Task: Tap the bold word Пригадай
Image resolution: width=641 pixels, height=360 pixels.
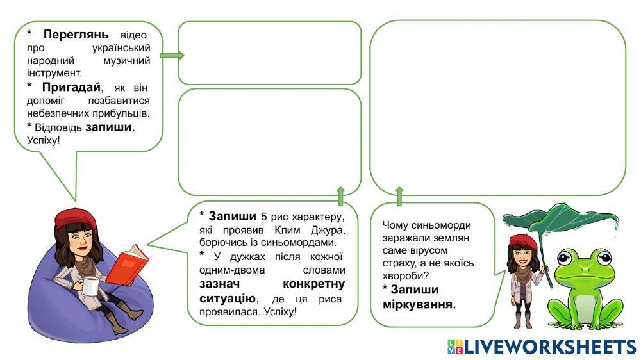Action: (x=72, y=86)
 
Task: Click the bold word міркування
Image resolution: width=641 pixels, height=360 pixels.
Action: (x=419, y=304)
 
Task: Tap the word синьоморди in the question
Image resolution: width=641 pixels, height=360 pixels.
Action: (x=444, y=225)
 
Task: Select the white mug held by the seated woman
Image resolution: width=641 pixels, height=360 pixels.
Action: (x=92, y=288)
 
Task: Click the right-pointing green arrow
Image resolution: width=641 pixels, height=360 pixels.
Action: (x=171, y=55)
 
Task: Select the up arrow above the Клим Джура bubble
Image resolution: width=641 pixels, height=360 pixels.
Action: (x=340, y=195)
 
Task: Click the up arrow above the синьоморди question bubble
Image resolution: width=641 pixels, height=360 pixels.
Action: (x=399, y=196)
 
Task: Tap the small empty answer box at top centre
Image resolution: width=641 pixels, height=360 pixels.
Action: (x=270, y=53)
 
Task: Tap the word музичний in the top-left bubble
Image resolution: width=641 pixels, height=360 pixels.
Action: (x=126, y=61)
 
